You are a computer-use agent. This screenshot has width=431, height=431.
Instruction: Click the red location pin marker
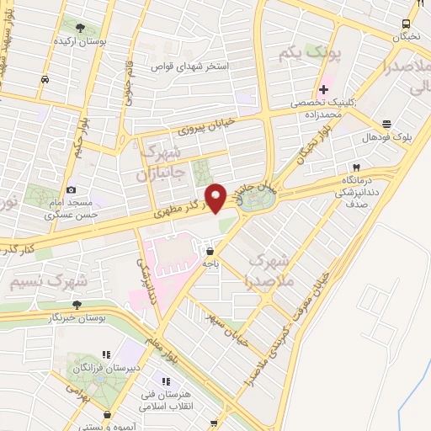pos(216,198)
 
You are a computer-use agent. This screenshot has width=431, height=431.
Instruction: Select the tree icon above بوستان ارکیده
pos(81,27)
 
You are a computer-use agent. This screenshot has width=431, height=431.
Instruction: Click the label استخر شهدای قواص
pos(190,64)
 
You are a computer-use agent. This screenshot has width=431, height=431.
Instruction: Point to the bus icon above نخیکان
pos(407,24)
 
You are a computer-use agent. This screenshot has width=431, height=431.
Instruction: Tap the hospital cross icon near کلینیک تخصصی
pos(324,89)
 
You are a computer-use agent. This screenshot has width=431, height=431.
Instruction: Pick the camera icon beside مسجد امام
pos(71,190)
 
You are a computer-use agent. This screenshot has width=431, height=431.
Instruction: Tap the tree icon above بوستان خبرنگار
pos(77,305)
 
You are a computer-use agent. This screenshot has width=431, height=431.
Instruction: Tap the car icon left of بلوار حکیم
pos(43,80)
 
